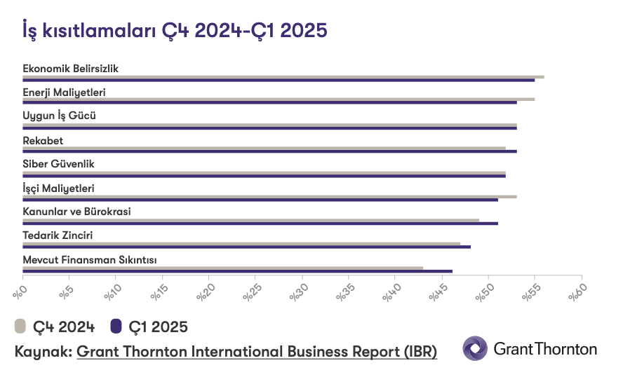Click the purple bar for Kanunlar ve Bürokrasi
pos(260,224)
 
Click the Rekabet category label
pos(43,141)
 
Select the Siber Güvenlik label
pos(58,164)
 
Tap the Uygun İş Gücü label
pos(59,116)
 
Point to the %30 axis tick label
pos(298,292)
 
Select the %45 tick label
pos(438,292)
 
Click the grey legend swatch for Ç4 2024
pos(20,327)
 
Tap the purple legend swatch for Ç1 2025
pos(116,327)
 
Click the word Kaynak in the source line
pos(42,352)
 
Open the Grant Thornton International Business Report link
pos(257,352)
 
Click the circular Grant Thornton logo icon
pos(475,348)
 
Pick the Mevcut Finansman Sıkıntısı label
pos(90,260)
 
